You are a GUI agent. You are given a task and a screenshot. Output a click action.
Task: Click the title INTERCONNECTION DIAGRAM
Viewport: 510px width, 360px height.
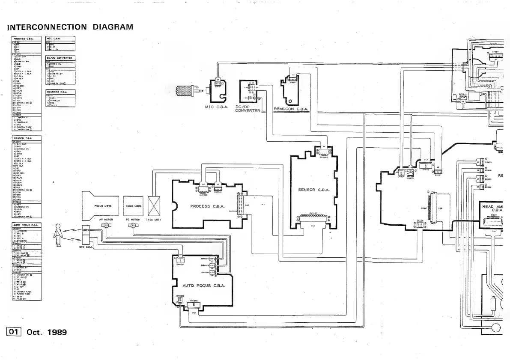pyautogui.click(x=71, y=27)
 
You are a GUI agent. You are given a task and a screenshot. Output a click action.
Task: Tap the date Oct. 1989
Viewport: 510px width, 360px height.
pyautogui.click(x=47, y=332)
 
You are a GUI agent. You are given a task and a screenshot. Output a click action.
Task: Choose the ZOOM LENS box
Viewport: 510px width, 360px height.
pyautogui.click(x=133, y=206)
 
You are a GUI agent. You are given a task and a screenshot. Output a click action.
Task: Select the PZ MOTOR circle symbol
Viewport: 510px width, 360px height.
pyautogui.click(x=133, y=225)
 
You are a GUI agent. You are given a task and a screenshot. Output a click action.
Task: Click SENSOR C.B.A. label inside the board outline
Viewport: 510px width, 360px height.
pyautogui.click(x=313, y=190)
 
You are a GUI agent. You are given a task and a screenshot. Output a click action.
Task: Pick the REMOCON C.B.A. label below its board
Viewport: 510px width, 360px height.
pyautogui.click(x=291, y=109)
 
